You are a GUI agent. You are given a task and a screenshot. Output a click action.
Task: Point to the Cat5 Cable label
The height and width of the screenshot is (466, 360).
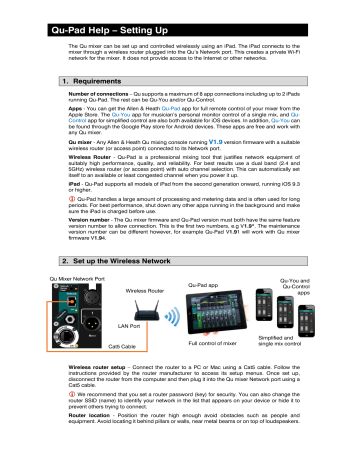(119, 345)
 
